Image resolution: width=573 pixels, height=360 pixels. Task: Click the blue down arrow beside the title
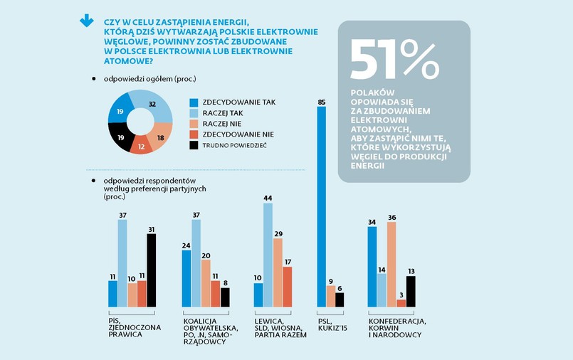[x=87, y=21]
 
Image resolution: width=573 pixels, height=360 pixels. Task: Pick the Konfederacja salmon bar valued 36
[x=391, y=264]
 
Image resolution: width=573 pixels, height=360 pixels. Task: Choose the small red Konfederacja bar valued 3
[x=401, y=303]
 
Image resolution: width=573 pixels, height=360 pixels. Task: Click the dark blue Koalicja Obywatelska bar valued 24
[x=186, y=278]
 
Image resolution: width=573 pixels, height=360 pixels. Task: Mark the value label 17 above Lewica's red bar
[x=287, y=262]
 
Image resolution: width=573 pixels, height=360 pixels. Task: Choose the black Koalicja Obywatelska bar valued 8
[x=225, y=297]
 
